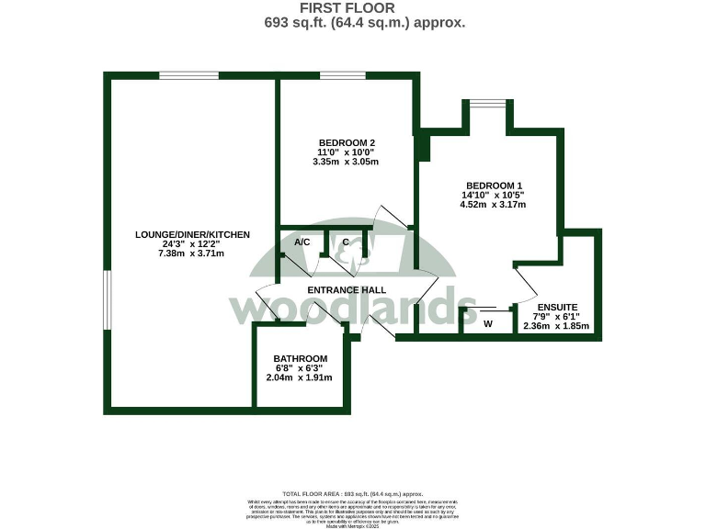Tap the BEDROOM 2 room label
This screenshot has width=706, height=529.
click(x=346, y=142)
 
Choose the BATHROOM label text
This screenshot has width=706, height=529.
click(x=301, y=358)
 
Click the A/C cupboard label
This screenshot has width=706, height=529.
click(x=302, y=242)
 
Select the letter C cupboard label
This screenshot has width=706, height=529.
click(x=346, y=242)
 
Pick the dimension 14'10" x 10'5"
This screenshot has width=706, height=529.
click(x=495, y=195)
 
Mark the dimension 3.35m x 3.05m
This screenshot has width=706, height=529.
click(x=346, y=162)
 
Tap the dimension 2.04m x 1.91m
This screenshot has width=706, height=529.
click(x=301, y=377)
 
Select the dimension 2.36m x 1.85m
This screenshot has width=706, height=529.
click(x=555, y=326)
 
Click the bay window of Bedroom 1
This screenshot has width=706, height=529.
click(x=487, y=105)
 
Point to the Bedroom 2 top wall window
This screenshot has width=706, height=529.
click(x=342, y=75)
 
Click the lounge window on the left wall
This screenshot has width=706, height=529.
click(x=107, y=299)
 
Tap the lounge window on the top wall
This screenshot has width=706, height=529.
click(x=188, y=75)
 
